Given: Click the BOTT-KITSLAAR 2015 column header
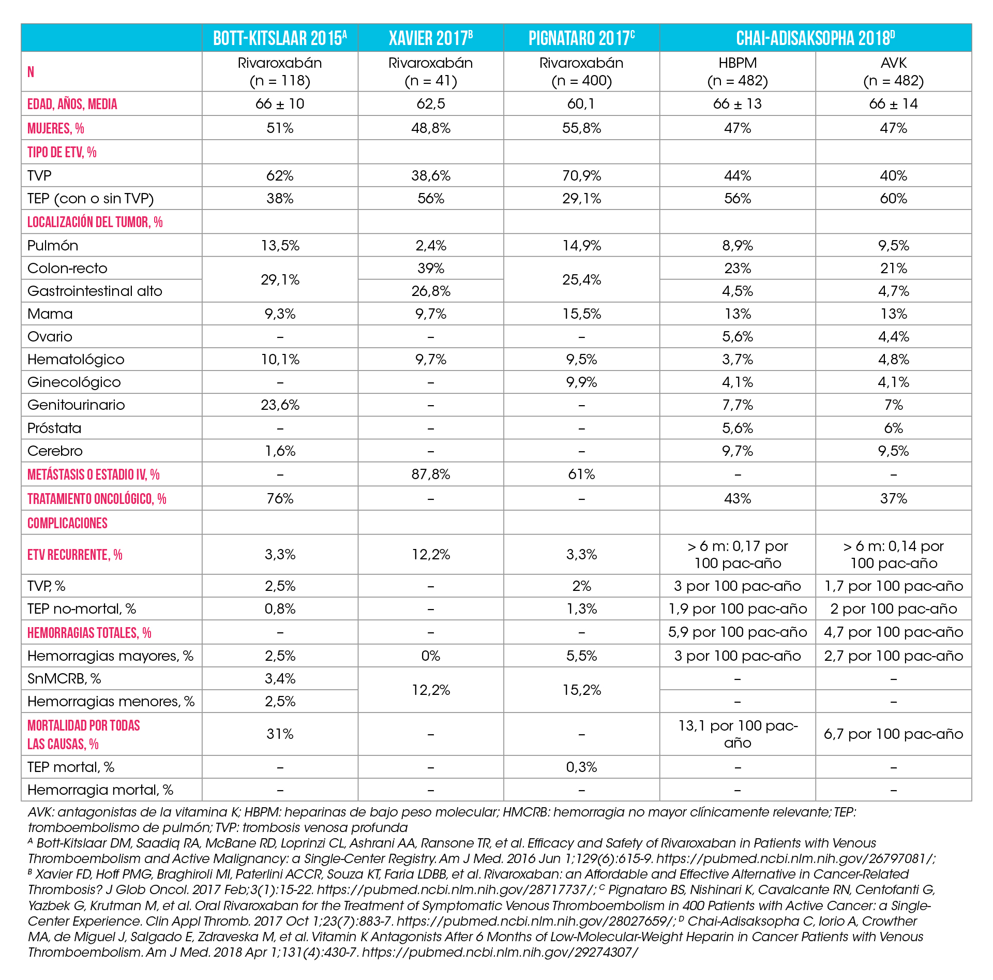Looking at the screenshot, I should point(280,38).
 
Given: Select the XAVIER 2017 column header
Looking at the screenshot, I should point(431,38).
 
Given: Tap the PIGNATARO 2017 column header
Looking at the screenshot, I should point(581,38).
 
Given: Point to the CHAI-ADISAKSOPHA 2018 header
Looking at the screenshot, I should point(815,38).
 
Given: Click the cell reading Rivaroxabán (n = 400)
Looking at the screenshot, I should point(581,72).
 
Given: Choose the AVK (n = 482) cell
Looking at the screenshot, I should point(893,72).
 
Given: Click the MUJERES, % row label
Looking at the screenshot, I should point(56,128).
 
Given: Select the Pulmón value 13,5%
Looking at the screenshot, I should point(280,245).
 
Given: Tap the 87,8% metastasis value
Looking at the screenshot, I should point(431,474).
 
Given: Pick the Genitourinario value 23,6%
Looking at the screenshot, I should point(280,405).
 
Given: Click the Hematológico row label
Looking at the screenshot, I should point(76,359).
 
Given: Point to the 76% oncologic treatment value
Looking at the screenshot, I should point(280,498).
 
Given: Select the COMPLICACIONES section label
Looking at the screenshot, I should point(67,523).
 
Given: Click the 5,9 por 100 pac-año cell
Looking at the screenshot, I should point(738,632).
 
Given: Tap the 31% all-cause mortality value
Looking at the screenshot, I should point(280,734).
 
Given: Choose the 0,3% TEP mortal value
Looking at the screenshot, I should point(581,767).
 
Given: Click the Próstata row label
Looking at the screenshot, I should point(54,428).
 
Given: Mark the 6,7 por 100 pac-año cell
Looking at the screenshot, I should point(893,734).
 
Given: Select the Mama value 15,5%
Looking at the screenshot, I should point(581,314).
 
